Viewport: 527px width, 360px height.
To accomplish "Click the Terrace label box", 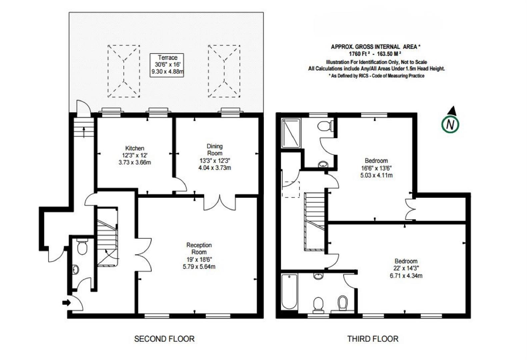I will coord(167,65).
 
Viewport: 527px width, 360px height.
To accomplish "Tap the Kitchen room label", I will coord(135,148).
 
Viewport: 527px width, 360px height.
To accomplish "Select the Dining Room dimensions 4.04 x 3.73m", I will coord(214,168).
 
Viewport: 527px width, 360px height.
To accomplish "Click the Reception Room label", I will coord(199,248).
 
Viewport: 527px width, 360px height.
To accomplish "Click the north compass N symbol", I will coord(450,124).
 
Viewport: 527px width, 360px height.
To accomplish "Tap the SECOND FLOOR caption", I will coord(164,339).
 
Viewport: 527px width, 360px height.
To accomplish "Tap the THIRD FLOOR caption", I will coord(373,339).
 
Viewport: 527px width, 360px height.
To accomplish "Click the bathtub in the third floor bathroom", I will coord(289,292).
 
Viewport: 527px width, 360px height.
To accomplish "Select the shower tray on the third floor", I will coord(291,133).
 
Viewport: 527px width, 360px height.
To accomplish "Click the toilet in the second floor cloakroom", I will coord(82,247).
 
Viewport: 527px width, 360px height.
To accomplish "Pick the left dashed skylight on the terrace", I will coord(124,71).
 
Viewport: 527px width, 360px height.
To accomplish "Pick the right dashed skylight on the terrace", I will coord(224,71).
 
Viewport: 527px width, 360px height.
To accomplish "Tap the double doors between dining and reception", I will coord(220,203).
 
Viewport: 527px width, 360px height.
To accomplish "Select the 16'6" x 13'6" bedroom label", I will coord(376,168).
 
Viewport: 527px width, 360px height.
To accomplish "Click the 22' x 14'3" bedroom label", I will coord(406,268).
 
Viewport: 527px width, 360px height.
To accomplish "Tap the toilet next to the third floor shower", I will coord(324,126).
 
